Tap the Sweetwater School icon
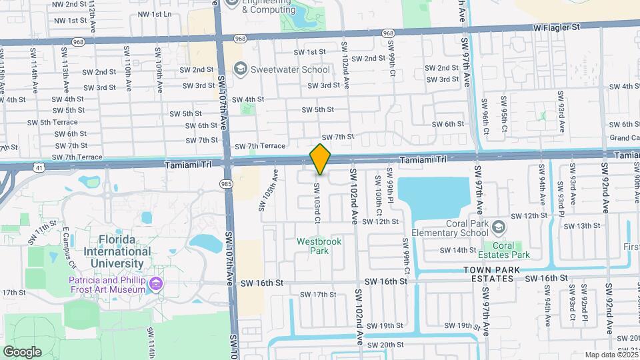pyautogui.click(x=239, y=69)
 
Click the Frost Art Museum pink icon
pyautogui.click(x=156, y=285)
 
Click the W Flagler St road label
pyautogui.click(x=558, y=27)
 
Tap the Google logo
pyautogui.click(x=22, y=351)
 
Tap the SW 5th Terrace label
pyautogui.click(x=53, y=122)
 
